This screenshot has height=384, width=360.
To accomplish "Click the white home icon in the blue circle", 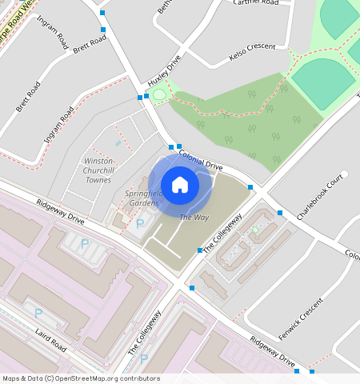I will click(180, 185).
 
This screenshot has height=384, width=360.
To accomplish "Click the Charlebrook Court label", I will click(319, 197).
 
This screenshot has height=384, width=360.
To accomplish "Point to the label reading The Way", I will click(194, 218).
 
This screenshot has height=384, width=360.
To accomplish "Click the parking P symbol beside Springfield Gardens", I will click(141, 224).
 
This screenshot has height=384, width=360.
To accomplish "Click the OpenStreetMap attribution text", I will click(81, 378).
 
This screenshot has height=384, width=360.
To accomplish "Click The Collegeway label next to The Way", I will click(222, 234).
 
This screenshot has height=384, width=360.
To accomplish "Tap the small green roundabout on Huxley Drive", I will click(158, 95).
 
